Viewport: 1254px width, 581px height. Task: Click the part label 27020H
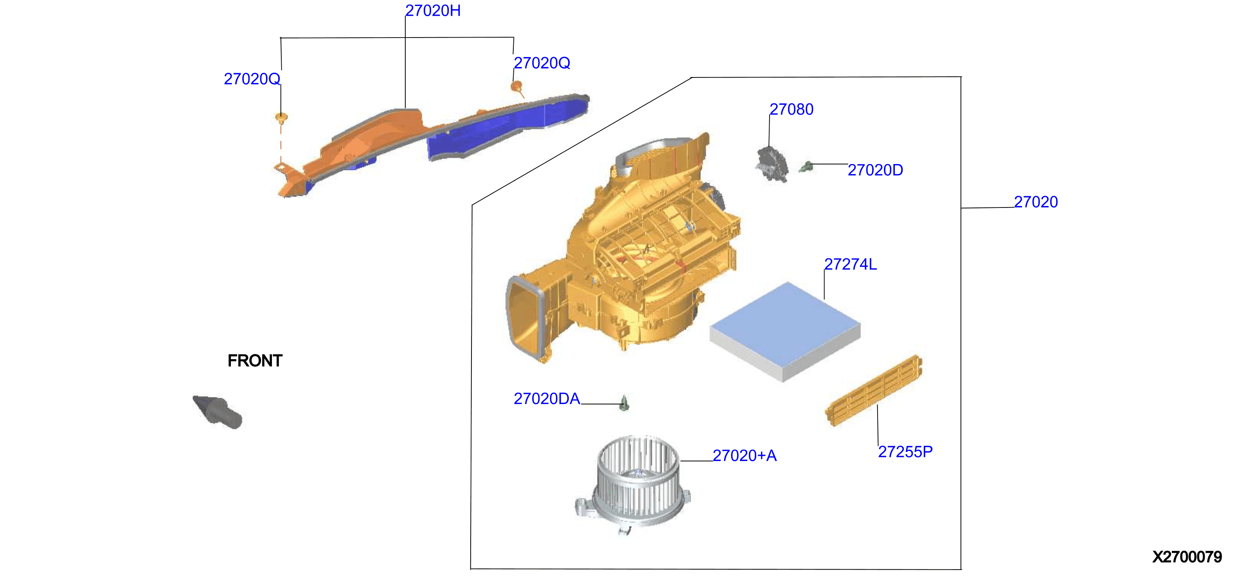pyautogui.click(x=433, y=11)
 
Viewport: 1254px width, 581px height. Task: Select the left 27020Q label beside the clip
pyautogui.click(x=252, y=79)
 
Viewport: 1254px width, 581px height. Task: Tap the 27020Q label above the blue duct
pyautogui.click(x=542, y=63)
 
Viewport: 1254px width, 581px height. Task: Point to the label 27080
pyautogui.click(x=791, y=109)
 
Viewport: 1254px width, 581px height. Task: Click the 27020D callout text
pyautogui.click(x=875, y=170)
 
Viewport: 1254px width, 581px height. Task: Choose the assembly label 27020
pyautogui.click(x=1036, y=202)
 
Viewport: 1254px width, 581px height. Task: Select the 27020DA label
pyautogui.click(x=547, y=399)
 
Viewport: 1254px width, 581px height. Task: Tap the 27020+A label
pyautogui.click(x=744, y=455)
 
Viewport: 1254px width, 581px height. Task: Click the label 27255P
pyautogui.click(x=905, y=451)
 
